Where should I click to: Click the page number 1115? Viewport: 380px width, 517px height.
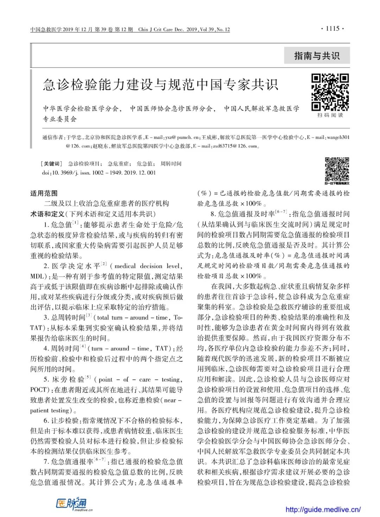tap(332, 29)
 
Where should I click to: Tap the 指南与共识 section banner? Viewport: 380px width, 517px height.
tap(317, 56)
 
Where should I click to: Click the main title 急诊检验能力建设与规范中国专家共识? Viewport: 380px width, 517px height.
tap(160, 85)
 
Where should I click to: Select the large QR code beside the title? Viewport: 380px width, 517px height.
tap(330, 92)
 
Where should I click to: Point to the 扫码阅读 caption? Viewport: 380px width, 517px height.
tap(330, 115)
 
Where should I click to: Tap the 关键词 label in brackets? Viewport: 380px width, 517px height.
tap(52, 163)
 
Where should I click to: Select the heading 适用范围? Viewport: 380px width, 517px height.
tap(44, 193)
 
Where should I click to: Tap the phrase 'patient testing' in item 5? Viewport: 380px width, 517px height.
tap(50, 410)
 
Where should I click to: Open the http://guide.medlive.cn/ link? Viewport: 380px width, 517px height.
tap(323, 509)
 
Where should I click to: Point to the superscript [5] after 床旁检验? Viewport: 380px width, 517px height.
tap(88, 378)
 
